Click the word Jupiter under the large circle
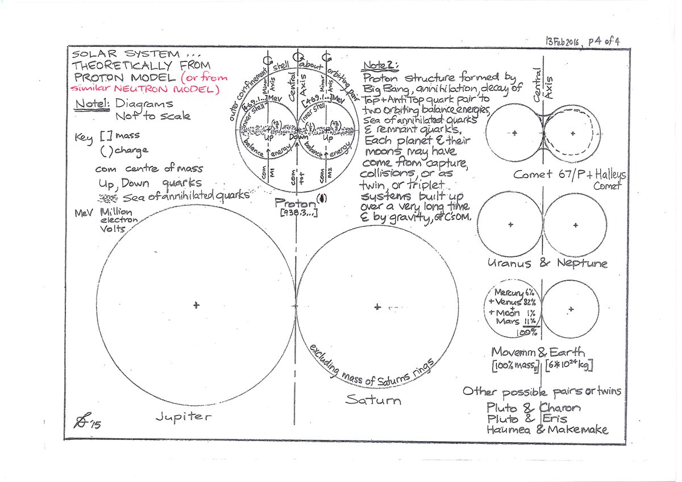(x=183, y=417)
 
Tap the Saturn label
(x=373, y=400)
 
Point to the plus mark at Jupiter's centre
(x=196, y=306)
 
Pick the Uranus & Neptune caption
(x=546, y=264)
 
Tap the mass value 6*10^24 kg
(x=568, y=367)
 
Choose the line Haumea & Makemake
(x=547, y=430)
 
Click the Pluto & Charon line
(x=533, y=408)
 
